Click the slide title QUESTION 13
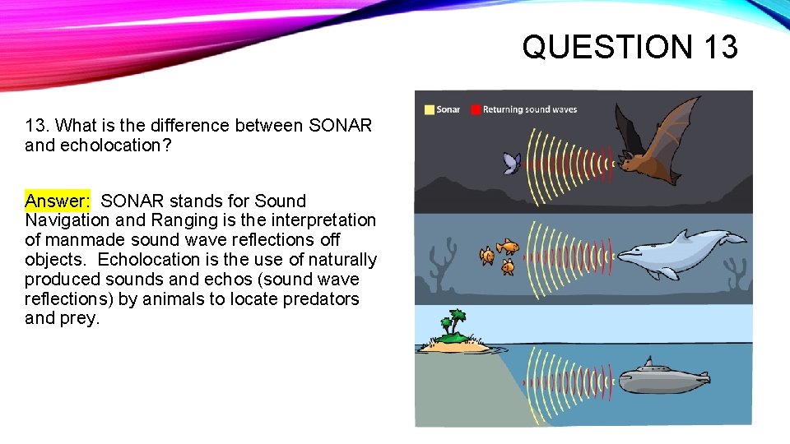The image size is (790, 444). point(630,46)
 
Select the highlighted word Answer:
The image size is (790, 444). point(57,201)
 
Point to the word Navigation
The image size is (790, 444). point(67,220)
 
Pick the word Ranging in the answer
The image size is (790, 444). point(182,220)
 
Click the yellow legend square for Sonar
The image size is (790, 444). point(429,109)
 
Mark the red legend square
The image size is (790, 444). point(475,109)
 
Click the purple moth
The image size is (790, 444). point(512,164)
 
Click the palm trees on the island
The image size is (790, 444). point(452,323)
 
